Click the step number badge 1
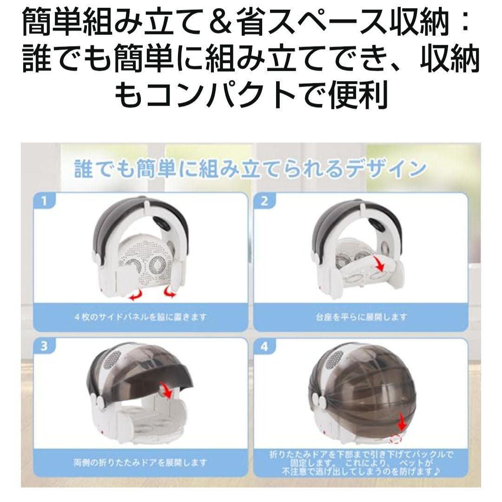(45, 201)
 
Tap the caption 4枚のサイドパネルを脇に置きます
(140, 317)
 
